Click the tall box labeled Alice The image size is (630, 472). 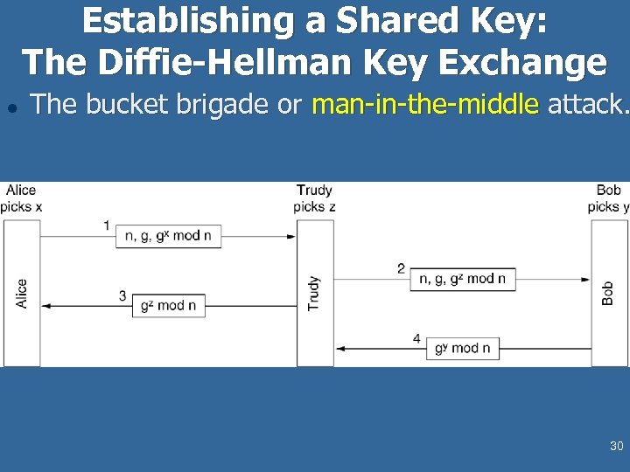[22, 293]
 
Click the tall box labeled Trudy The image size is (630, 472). [315, 293]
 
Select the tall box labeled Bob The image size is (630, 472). [609, 293]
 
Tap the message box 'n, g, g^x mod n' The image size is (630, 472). [168, 236]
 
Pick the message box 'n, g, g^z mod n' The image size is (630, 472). [462, 279]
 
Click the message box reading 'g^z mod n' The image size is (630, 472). [169, 306]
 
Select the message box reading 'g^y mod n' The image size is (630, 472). [463, 348]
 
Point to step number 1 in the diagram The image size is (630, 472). [107, 226]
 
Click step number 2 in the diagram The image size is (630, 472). [401, 268]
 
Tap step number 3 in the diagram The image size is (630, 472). [123, 295]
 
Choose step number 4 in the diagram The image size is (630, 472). [416, 338]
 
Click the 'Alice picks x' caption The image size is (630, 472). [21, 198]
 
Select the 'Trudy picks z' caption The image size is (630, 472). [314, 198]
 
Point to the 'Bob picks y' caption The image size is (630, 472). [608, 198]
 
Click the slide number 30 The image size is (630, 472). [616, 447]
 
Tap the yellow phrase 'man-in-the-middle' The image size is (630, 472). [425, 105]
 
